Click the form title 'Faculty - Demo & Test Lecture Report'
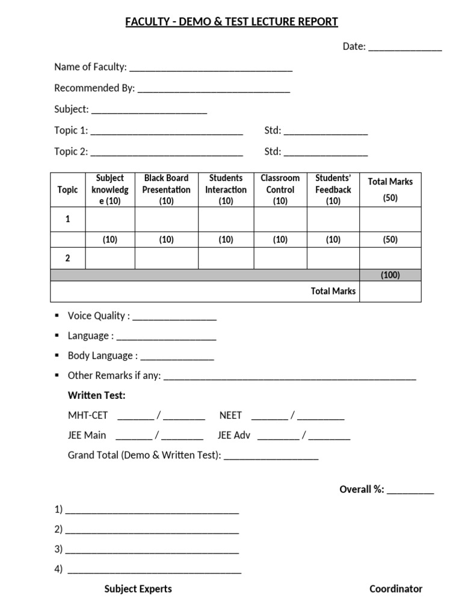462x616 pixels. (x=232, y=22)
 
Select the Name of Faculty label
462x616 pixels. (x=90, y=67)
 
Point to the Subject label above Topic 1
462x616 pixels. (x=72, y=109)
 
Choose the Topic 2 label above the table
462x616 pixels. (x=71, y=152)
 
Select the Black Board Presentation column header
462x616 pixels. (x=167, y=189)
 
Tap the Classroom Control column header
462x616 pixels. (x=280, y=189)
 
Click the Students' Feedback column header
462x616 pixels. (x=333, y=189)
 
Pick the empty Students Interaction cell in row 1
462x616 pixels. (x=226, y=220)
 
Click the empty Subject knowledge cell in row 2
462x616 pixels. (x=110, y=258)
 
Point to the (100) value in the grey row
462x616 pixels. (x=390, y=275)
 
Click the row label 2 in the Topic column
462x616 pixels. (x=67, y=258)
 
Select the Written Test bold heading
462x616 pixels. (x=97, y=395)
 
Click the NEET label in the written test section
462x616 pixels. (x=230, y=415)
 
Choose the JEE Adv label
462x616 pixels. (x=233, y=435)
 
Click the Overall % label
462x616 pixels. (x=362, y=489)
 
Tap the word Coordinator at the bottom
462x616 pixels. (x=396, y=589)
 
